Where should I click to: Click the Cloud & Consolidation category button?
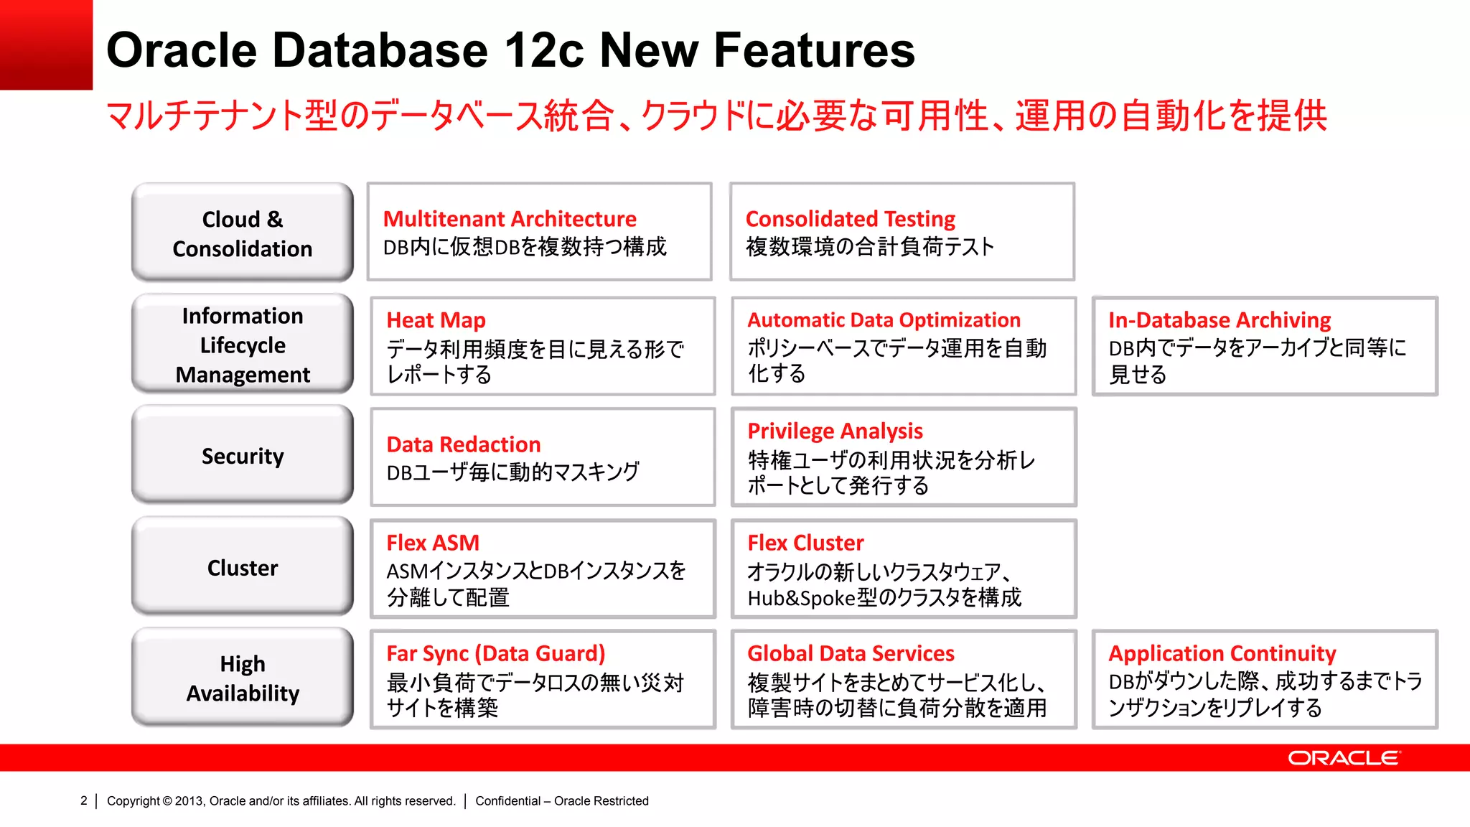pos(243,233)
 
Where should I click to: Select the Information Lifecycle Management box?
pos(243,345)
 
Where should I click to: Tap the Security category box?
pos(243,456)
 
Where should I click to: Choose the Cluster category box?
pos(243,567)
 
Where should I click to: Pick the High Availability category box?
pos(243,678)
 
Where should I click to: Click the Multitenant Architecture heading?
pos(510,219)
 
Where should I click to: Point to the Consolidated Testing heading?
pos(851,219)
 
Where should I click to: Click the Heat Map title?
pos(436,320)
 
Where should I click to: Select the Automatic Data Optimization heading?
pos(884,320)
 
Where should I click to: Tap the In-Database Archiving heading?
pos(1219,320)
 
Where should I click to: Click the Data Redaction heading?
pos(463,444)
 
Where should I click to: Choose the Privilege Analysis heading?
pos(835,431)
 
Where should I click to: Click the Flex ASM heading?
pos(433,543)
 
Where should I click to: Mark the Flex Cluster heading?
pos(805,543)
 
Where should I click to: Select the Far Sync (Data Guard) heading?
pos(496,653)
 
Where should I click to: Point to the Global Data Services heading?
pos(851,653)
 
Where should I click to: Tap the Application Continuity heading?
pos(1222,653)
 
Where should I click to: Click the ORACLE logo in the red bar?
pos(1343,758)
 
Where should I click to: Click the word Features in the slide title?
pos(814,50)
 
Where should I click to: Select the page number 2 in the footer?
pos(84,800)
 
